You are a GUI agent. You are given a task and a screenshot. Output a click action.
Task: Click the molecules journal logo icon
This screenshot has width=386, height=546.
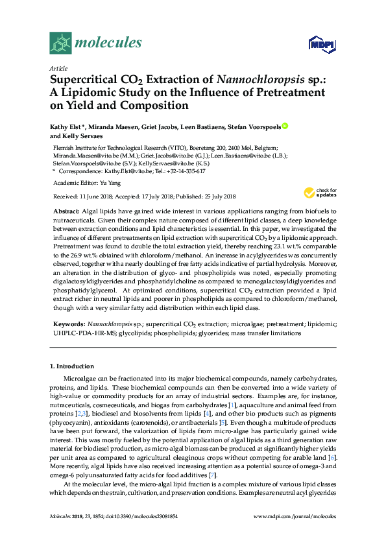pyautogui.click(x=60, y=43)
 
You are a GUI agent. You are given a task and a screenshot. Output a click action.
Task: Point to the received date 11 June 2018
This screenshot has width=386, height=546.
pyautogui.click(x=97, y=196)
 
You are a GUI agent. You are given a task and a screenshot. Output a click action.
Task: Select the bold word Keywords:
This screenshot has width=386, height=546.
pyautogui.click(x=68, y=323)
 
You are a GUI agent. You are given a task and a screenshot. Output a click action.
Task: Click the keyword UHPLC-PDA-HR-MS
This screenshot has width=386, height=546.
pyautogui.click(x=78, y=333)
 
